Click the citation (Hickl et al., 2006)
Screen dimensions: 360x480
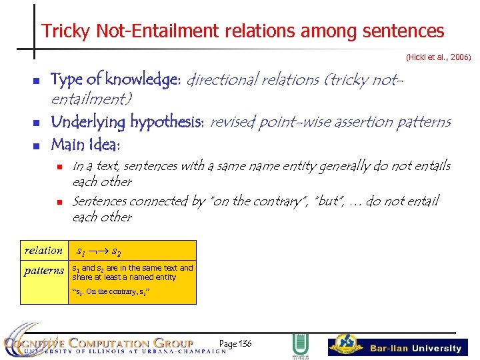click(438, 58)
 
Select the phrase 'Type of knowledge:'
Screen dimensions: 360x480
click(115, 80)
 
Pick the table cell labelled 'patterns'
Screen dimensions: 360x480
click(44, 271)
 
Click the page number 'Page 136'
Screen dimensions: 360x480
click(235, 343)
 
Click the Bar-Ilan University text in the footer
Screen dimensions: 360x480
click(415, 348)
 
